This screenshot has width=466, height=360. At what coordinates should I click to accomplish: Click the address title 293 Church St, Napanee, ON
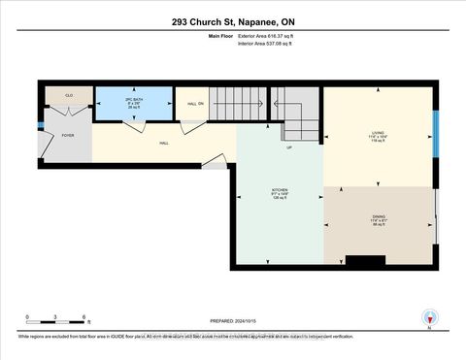pos(232,20)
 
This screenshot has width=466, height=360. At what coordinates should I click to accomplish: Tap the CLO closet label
pos(69,96)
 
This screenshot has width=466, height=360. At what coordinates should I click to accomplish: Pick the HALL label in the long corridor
pos(166,142)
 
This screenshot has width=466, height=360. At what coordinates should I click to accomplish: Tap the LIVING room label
pos(379,135)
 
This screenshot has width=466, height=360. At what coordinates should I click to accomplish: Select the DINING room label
pos(379,218)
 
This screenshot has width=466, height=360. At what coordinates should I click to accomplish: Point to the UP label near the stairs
pos(287,147)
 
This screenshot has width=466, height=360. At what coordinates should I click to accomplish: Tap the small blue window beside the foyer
pos(39,125)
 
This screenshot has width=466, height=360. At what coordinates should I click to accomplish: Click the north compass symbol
pos(428,316)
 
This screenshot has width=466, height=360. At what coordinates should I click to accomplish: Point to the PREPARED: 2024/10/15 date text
pos(233,321)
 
